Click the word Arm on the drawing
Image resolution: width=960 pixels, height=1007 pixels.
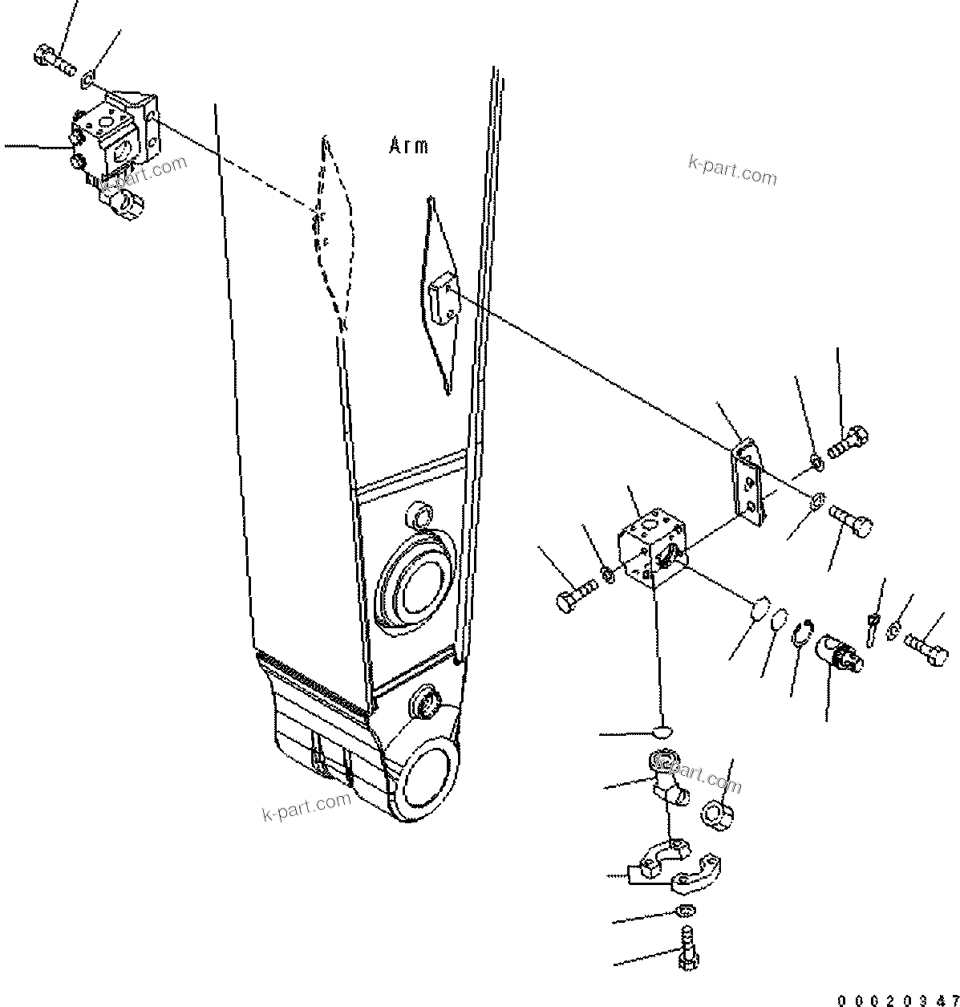click(x=408, y=146)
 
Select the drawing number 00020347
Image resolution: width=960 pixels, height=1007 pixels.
click(x=897, y=1000)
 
